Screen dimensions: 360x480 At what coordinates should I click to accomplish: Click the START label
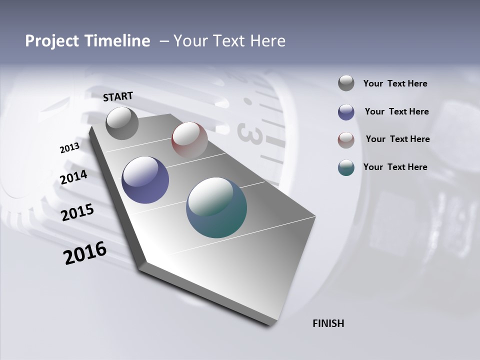pyautogui.click(x=118, y=96)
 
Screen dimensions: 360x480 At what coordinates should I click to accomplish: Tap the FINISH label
pyautogui.click(x=328, y=323)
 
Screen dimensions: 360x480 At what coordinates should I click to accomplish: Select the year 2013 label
pyautogui.click(x=69, y=148)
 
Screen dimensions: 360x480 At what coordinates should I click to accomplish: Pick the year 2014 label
pyautogui.click(x=73, y=177)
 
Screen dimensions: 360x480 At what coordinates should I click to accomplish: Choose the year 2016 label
pyautogui.click(x=85, y=253)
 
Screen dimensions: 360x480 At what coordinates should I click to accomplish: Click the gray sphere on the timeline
pyautogui.click(x=122, y=123)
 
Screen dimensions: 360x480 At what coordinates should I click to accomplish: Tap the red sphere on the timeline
pyautogui.click(x=189, y=140)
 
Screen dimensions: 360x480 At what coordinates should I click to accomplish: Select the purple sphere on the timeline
pyautogui.click(x=145, y=180)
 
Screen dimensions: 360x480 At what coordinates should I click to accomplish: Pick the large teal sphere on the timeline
pyautogui.click(x=216, y=207)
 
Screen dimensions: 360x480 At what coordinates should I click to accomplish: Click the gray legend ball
pyautogui.click(x=346, y=83)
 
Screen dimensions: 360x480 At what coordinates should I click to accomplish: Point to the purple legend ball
pyautogui.click(x=346, y=112)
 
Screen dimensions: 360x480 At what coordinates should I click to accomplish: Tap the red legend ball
pyautogui.click(x=346, y=139)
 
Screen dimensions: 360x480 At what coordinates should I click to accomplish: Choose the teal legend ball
pyautogui.click(x=346, y=167)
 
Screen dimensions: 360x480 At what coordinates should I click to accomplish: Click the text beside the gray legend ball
pyautogui.click(x=395, y=84)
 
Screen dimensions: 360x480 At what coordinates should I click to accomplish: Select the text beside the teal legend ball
pyautogui.click(x=395, y=167)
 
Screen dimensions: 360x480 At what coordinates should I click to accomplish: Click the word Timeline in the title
pyautogui.click(x=114, y=41)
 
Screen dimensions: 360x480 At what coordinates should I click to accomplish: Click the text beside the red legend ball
pyautogui.click(x=397, y=139)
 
